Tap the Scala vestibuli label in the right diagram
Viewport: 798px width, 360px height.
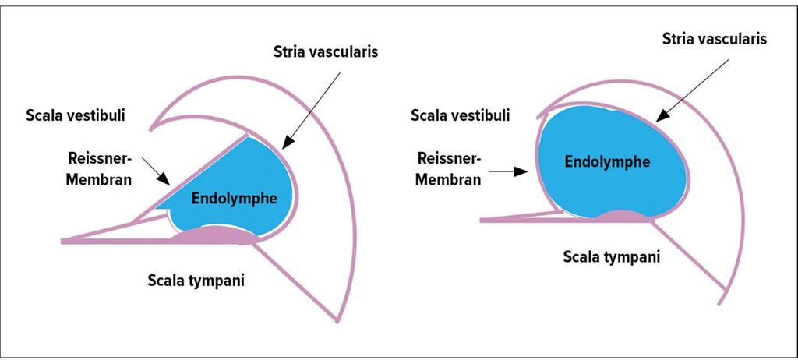(x=461, y=116)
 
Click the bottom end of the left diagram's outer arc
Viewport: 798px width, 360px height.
(x=338, y=319)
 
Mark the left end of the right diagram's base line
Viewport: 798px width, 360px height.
(x=481, y=221)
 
